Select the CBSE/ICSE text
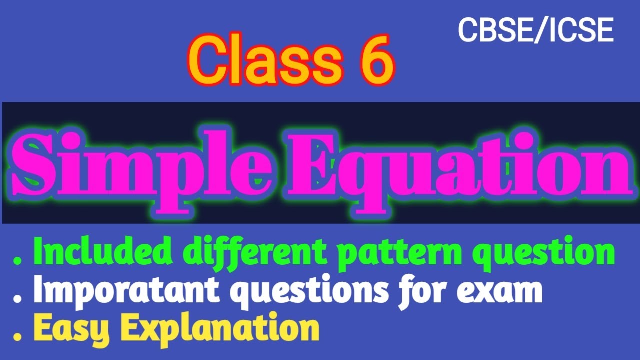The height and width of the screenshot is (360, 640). tap(535, 31)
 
